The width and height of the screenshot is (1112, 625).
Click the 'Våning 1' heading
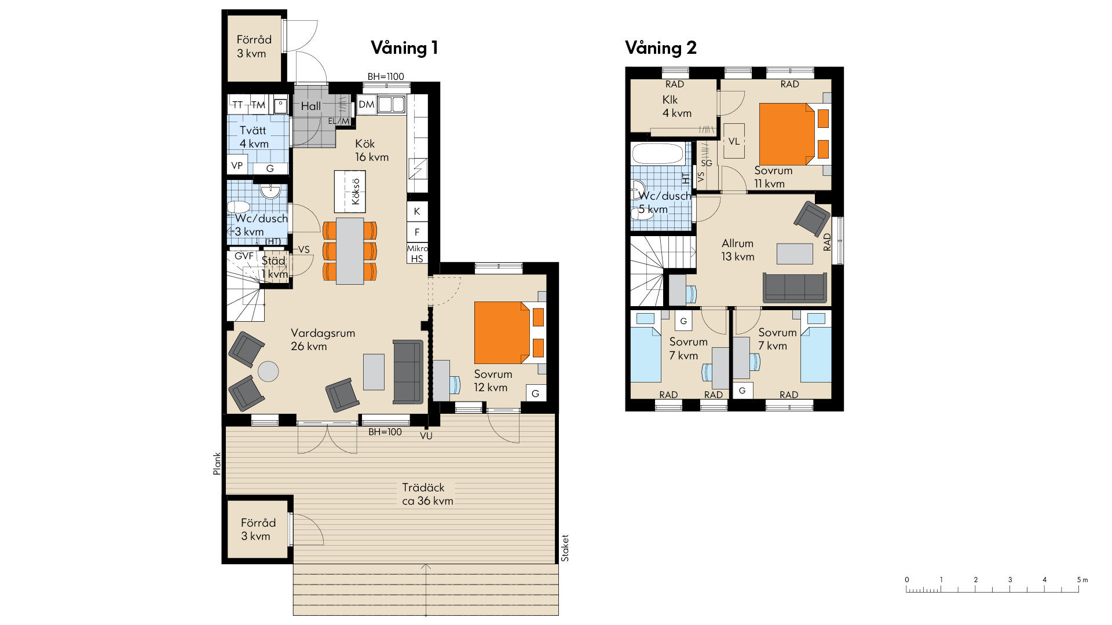(404, 48)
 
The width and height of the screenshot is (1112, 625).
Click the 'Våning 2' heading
(660, 48)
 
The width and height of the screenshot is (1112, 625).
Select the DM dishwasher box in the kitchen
(366, 105)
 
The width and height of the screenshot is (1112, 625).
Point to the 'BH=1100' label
(386, 76)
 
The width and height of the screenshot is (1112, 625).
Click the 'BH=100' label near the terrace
(385, 432)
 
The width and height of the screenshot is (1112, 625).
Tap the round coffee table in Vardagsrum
(268, 371)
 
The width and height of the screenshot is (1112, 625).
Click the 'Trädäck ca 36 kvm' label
(427, 494)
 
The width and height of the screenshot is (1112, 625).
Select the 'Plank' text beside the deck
(217, 464)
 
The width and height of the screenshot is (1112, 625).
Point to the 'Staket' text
(565, 547)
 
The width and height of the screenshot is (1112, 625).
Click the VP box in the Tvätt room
(237, 166)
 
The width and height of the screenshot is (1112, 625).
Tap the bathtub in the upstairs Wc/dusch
(658, 154)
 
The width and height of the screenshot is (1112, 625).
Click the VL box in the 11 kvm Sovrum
(734, 141)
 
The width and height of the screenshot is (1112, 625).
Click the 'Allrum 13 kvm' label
(737, 250)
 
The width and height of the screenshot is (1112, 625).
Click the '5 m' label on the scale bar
(1082, 580)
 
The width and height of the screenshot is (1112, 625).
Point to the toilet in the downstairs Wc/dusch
(238, 207)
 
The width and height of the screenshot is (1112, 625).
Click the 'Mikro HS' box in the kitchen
(417, 253)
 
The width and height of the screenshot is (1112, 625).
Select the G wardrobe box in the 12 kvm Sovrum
(535, 394)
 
